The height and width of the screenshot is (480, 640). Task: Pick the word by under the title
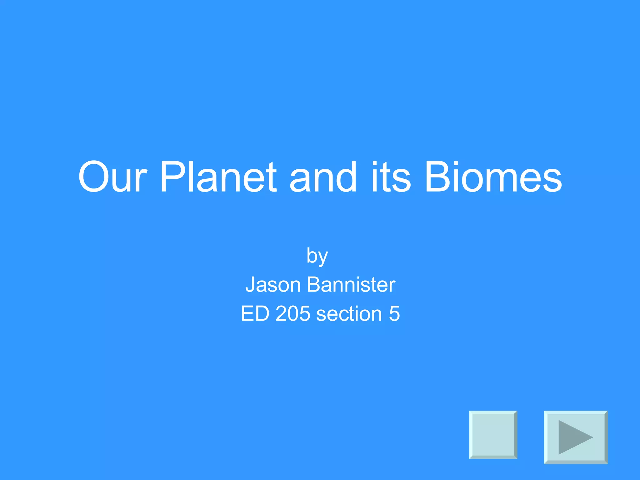317,256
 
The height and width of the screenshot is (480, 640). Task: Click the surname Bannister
351,285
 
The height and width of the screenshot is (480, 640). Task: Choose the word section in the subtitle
349,313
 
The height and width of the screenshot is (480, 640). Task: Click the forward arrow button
576,437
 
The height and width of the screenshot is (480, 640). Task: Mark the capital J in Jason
251,285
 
